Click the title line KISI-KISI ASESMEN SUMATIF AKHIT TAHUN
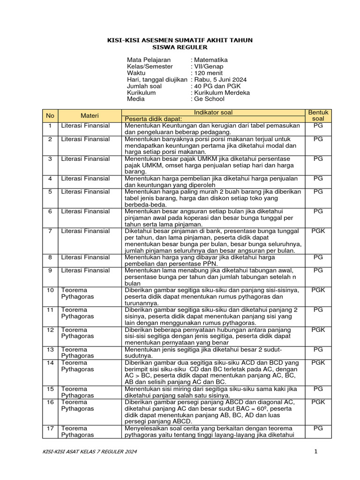180,40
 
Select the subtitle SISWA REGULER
180,47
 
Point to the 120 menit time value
208,73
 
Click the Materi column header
90,116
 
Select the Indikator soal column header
213,112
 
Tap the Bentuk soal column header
318,116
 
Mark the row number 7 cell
50,231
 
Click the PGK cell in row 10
318,290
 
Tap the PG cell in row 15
318,389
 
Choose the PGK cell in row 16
318,402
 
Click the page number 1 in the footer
316,451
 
